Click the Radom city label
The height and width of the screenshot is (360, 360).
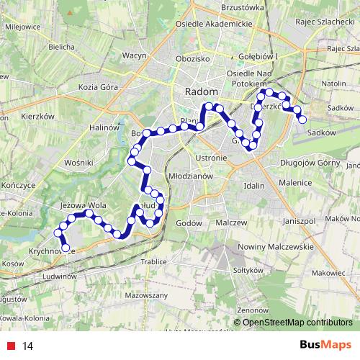[x=197, y=91]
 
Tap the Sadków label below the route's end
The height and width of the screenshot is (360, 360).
[x=322, y=132]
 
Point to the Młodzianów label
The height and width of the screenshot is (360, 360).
[x=188, y=175]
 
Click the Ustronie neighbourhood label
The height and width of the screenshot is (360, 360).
[x=210, y=157]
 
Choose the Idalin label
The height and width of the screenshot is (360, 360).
[x=254, y=186]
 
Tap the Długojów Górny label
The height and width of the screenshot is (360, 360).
[x=310, y=163]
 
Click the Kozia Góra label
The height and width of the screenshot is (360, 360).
[x=98, y=86]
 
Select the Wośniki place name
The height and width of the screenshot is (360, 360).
[x=76, y=163]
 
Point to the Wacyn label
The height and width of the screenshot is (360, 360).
[x=135, y=55]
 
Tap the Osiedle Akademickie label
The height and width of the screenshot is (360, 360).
[x=217, y=23]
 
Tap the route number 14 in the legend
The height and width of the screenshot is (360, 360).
[x=28, y=346]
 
